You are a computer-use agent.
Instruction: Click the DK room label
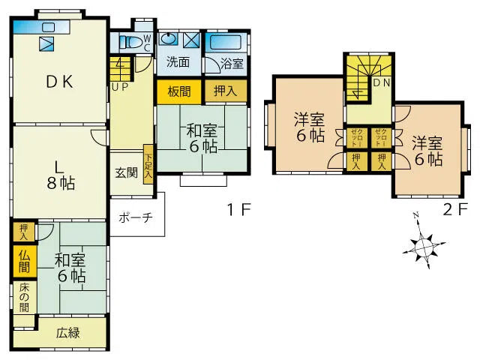click(59, 82)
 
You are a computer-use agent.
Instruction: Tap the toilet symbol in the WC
click(130, 43)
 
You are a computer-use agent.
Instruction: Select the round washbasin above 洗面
click(168, 38)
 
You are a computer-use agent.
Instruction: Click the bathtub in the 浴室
click(226, 42)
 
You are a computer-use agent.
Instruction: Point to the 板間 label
click(179, 91)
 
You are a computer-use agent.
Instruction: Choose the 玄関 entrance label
click(127, 173)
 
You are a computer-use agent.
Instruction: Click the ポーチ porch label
click(136, 217)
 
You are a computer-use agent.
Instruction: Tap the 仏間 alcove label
click(24, 261)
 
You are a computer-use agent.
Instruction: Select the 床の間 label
click(25, 297)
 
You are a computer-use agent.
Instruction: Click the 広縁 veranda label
click(68, 333)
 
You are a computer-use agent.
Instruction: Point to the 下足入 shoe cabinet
click(148, 164)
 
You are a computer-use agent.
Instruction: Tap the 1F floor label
click(238, 210)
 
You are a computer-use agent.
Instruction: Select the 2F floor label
click(455, 210)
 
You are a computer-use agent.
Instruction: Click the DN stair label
click(382, 82)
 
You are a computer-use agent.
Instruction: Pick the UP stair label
click(119, 87)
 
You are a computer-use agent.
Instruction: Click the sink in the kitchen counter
click(48, 28)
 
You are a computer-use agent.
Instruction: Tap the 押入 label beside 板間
click(225, 91)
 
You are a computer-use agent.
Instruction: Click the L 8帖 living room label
click(61, 176)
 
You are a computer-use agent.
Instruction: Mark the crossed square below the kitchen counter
click(46, 43)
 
